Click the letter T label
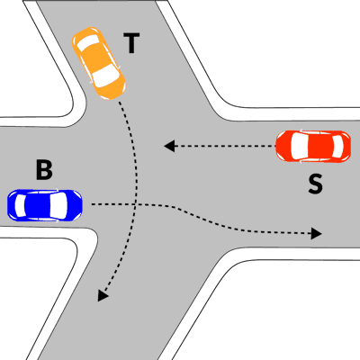pos(131,43)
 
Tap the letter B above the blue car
pos(44,170)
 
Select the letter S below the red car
pos(315,184)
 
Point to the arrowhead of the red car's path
pos(169,146)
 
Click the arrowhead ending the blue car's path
pos(317,233)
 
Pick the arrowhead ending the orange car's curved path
pos(103,295)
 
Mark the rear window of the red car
pos(337,146)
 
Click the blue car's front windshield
pos(58,205)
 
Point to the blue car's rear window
pos(21,205)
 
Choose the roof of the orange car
pos(96,58)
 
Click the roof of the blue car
pos(38,205)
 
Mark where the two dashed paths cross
pos(136,204)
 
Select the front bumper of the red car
pos(279,146)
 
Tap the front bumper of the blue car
pos(79,205)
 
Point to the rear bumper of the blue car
pos(10,205)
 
